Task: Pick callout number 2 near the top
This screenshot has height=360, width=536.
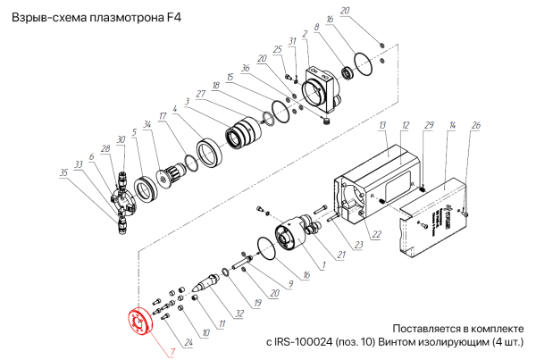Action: [x=306, y=34]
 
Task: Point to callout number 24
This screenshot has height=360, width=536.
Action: [x=188, y=342]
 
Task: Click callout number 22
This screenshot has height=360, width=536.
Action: [x=376, y=235]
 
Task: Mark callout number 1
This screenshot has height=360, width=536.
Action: [x=322, y=264]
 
